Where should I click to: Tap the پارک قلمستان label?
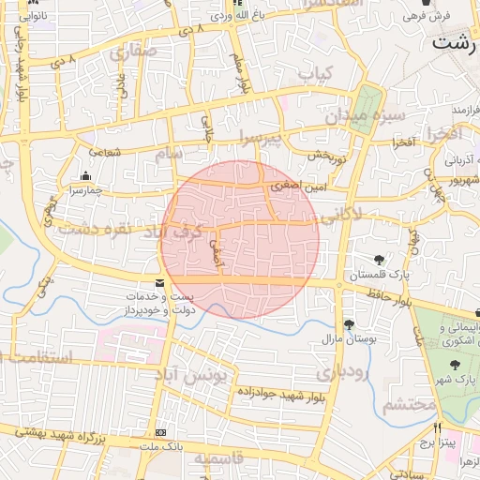(382, 276)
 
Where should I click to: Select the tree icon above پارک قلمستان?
(380, 260)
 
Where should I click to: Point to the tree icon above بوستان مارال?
(349, 324)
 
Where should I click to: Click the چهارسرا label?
(86, 191)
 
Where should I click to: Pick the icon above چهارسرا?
(86, 175)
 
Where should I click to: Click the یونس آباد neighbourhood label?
(220, 375)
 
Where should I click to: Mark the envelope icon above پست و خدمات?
(159, 282)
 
